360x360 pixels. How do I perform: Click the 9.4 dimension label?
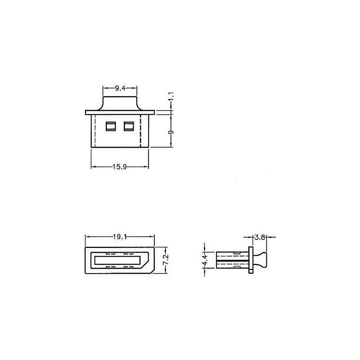pos(120,88)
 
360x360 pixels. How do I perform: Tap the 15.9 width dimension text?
pos(120,166)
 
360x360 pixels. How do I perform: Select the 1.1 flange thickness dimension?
pos(171,96)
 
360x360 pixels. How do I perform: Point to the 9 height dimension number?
pos(171,132)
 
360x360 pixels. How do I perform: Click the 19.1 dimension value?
pos(120,237)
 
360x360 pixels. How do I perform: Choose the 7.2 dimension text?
pos(166,260)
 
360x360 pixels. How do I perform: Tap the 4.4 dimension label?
pos(205,260)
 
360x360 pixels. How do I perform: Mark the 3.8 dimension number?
pos(260,237)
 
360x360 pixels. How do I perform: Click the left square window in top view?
pos(111,126)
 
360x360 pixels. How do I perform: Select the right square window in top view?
pos(129,126)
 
